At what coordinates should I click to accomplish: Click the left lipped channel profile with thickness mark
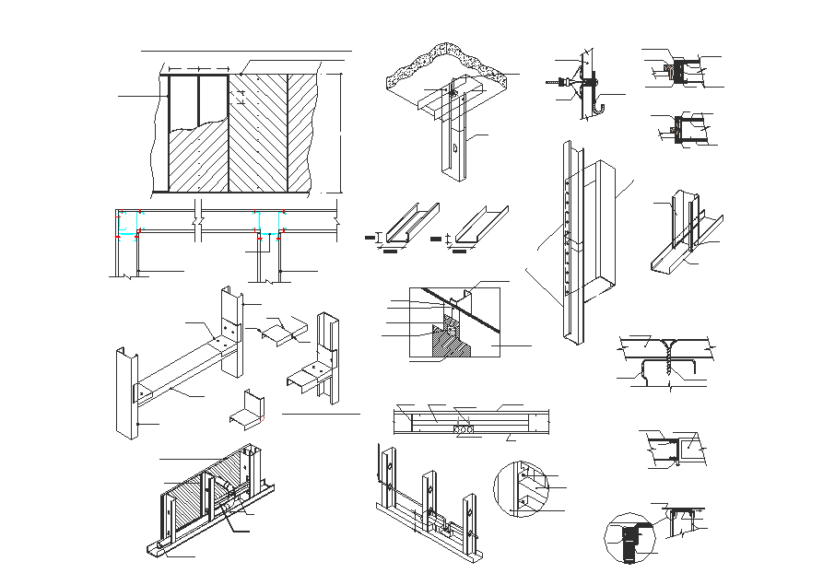tap(405, 226)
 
